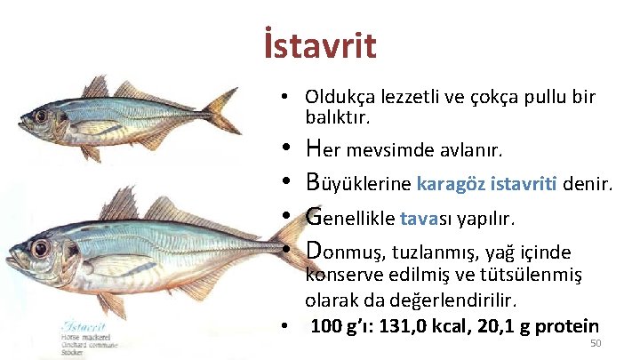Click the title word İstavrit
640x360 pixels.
[320, 45]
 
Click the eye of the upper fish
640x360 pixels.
[41, 116]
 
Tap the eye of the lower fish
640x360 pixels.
[40, 248]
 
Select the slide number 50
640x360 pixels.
[596, 344]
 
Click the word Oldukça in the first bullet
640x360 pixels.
[338, 97]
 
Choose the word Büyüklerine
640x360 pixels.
[357, 183]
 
